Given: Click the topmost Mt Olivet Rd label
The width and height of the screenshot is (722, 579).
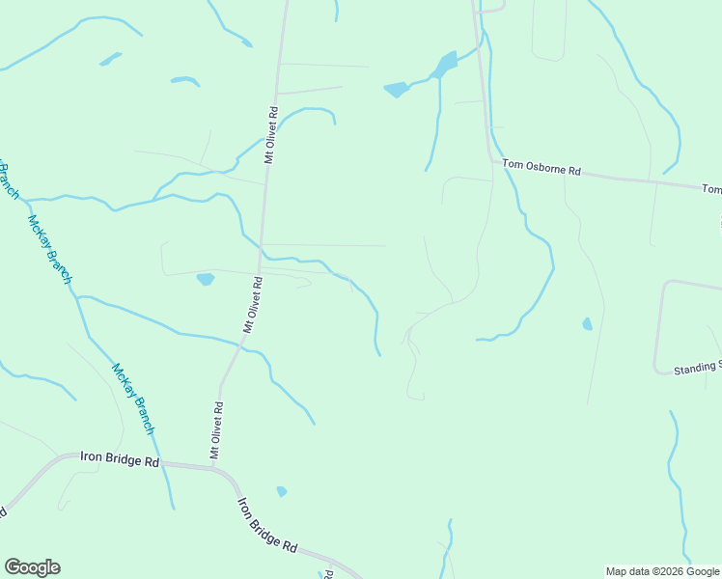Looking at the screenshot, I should point(272,133).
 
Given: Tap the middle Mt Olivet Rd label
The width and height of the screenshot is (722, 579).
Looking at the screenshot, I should point(253,304).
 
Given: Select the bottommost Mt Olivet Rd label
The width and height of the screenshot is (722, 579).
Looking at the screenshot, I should point(217,429).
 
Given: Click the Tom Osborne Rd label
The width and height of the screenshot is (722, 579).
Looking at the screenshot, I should point(541,170).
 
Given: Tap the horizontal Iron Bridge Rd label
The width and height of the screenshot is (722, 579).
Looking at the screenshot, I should point(121,461).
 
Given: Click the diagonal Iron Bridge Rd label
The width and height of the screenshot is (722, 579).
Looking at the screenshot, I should point(267,525).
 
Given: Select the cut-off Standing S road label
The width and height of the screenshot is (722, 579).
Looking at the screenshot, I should point(697,367).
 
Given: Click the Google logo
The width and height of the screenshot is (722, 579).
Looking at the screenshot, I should point(32,567).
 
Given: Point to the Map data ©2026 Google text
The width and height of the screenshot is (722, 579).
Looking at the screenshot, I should point(662,571).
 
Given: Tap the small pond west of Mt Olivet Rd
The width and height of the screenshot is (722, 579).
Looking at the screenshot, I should point(205,280).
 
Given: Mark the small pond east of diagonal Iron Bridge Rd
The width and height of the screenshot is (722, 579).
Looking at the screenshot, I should point(281,491).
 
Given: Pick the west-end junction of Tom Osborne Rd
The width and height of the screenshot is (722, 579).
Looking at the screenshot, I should point(490,161).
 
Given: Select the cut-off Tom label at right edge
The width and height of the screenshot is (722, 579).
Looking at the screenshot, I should point(711,189).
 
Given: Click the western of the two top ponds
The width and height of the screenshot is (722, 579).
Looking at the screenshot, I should point(396,90).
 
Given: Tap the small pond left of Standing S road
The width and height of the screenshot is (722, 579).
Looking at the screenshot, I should point(587,324).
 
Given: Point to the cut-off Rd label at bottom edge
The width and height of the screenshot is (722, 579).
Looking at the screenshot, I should point(328,574).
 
